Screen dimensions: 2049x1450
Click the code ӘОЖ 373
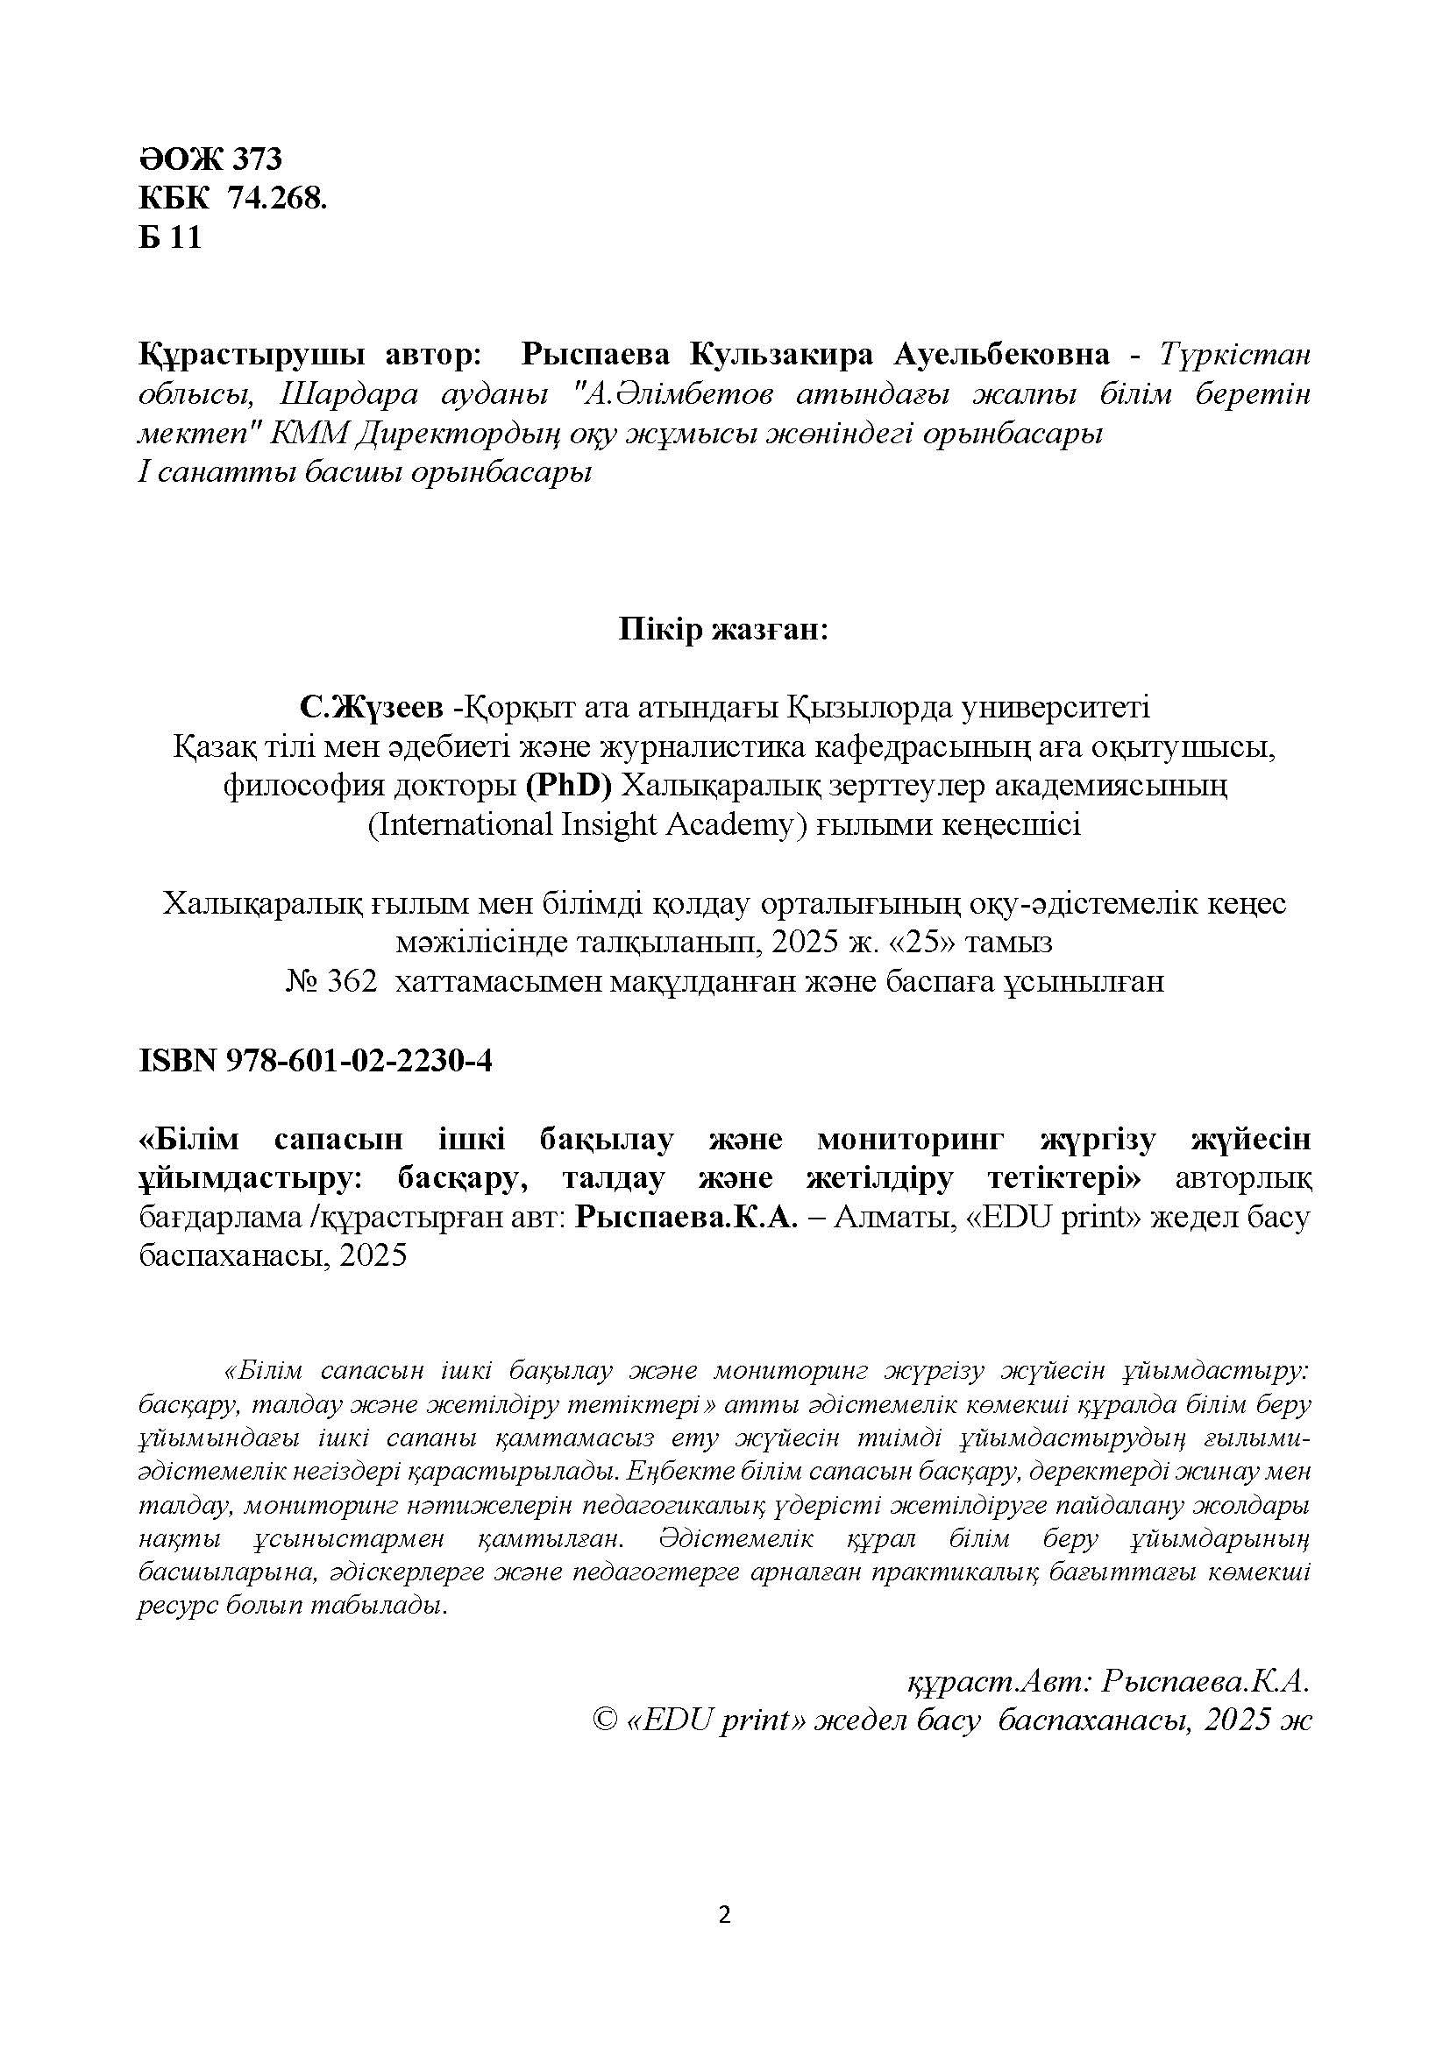[x=210, y=159]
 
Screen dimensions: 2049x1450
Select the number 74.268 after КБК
[x=278, y=198]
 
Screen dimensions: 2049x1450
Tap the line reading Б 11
[x=171, y=237]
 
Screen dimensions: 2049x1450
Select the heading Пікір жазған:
[x=724, y=630]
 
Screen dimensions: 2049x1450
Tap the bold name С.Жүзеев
[x=372, y=708]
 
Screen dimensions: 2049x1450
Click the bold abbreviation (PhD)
[x=568, y=785]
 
